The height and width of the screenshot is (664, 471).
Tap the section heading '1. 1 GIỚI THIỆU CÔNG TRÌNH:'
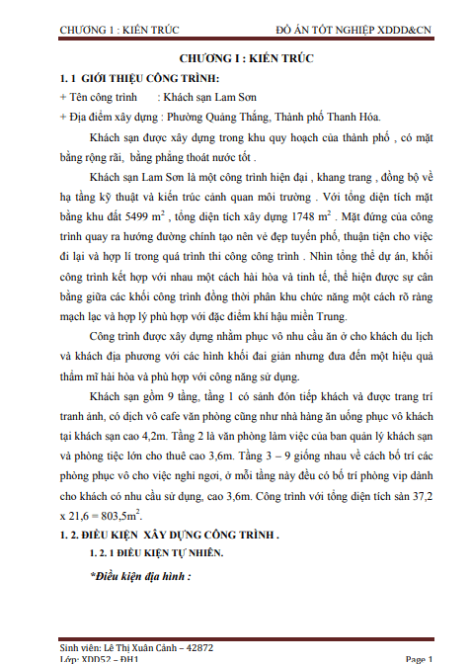(140, 78)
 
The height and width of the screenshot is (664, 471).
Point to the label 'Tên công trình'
(101, 97)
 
